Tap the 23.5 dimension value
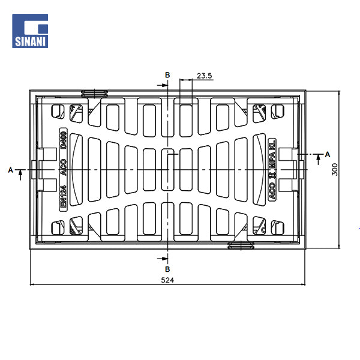coord(205,76)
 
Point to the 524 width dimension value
coord(167,280)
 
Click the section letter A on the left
coord(10,170)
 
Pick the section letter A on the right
coord(327,155)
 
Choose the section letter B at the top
coord(167,74)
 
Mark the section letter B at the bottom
coord(167,269)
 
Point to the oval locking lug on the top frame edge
coord(94,93)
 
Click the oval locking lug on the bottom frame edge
coord(241,245)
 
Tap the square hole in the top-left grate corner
coord(58,111)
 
